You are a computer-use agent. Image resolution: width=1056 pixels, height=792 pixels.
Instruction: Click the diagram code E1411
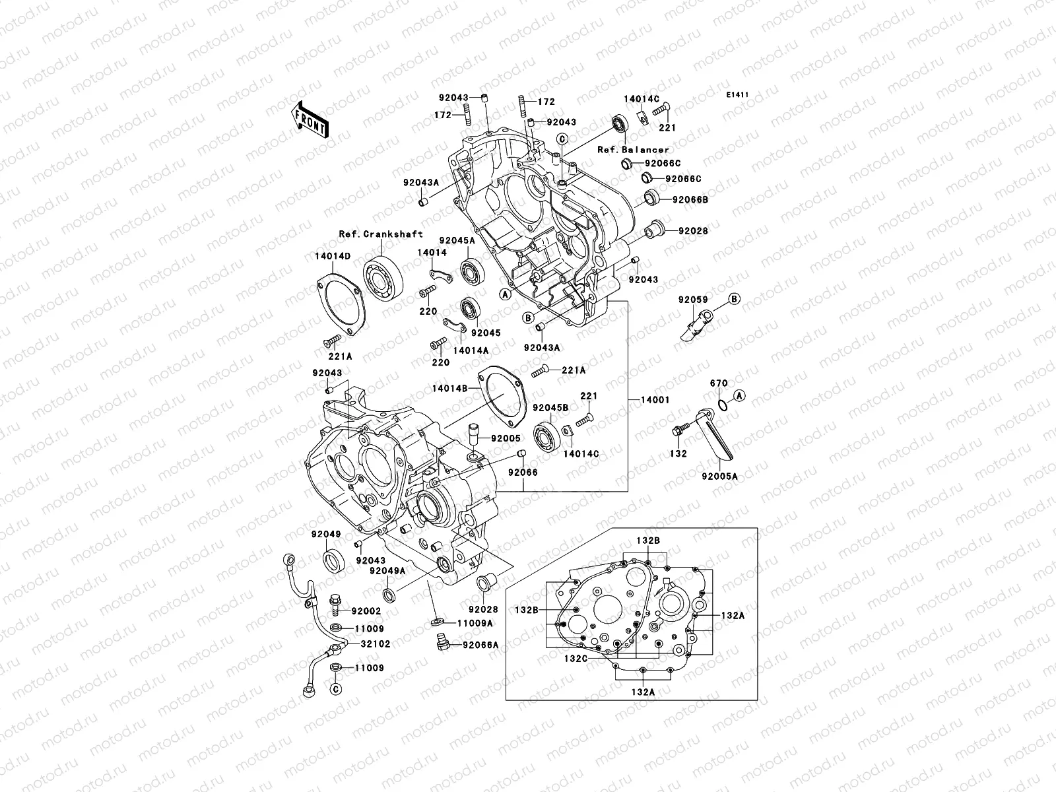coord(737,95)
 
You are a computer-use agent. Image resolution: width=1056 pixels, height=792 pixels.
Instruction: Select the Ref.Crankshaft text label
coord(381,234)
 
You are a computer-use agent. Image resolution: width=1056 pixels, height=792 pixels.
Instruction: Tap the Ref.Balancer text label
coord(633,150)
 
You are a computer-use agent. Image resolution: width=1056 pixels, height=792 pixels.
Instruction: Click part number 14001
coord(655,400)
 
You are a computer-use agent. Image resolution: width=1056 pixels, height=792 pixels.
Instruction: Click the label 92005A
coord(719,476)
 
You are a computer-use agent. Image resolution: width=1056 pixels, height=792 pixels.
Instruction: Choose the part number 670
coord(719,383)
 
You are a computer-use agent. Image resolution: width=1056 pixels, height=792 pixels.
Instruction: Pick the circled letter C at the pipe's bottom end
coord(335,689)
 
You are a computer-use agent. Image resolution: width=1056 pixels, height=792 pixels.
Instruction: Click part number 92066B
coord(690,199)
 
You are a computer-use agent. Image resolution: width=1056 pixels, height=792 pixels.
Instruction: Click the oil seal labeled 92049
coord(333,560)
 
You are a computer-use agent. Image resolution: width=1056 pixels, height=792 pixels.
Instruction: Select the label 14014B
coord(450,389)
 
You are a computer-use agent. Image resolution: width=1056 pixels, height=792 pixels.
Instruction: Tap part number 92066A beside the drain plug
coord(480,645)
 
